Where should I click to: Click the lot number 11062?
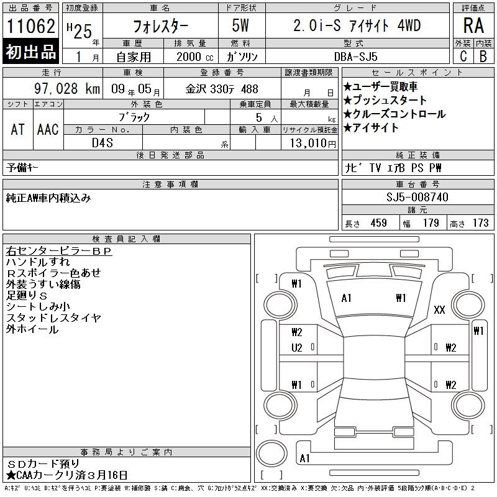[30, 26]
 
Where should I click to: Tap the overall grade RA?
[473, 25]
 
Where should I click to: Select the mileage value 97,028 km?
[67, 88]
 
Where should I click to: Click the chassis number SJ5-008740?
[417, 197]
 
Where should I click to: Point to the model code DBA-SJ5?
[355, 57]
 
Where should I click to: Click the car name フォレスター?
[160, 26]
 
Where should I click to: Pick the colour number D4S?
[103, 143]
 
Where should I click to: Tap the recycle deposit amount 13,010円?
[312, 144]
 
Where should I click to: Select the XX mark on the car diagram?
[439, 309]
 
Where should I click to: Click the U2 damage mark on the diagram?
[297, 348]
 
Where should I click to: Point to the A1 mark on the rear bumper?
[304, 458]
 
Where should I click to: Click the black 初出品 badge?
[30, 51]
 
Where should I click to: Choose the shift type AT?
[17, 129]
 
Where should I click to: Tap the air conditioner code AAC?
[48, 129]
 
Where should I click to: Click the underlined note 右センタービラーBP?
[59, 251]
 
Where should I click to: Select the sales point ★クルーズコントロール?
[394, 114]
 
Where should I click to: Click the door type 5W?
[240, 25]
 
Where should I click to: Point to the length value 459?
[378, 223]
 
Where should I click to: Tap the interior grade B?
[483, 57]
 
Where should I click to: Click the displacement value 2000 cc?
[195, 57]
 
